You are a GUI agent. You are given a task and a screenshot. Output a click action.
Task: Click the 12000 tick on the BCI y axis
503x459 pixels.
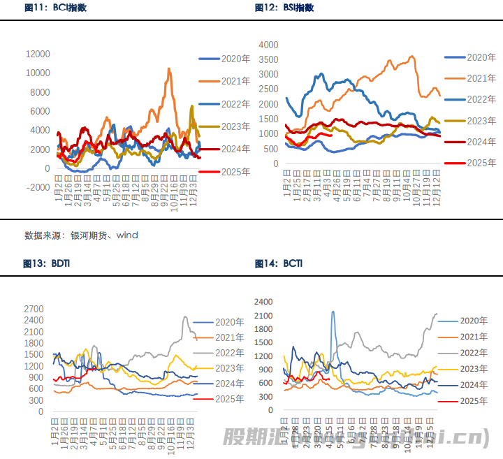tap(37, 54)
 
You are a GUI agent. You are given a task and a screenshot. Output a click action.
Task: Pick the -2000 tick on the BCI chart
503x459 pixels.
tap(37, 188)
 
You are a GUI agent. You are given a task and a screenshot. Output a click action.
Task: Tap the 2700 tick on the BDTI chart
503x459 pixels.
tap(34, 309)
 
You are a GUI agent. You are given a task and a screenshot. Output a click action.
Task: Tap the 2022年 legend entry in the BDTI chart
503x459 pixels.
tap(229, 353)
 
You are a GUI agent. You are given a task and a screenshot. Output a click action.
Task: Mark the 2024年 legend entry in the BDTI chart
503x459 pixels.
tap(229, 384)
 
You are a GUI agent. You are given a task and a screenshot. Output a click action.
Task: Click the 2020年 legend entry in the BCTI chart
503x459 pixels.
tap(473, 321)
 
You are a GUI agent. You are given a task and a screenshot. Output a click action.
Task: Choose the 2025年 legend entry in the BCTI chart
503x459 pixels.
tap(473, 401)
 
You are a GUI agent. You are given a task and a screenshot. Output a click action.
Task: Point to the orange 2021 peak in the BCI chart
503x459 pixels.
tap(169, 69)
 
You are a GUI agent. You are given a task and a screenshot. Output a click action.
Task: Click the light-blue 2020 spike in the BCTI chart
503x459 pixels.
tap(333, 312)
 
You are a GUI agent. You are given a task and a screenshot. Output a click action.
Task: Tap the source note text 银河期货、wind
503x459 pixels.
tap(104, 235)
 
